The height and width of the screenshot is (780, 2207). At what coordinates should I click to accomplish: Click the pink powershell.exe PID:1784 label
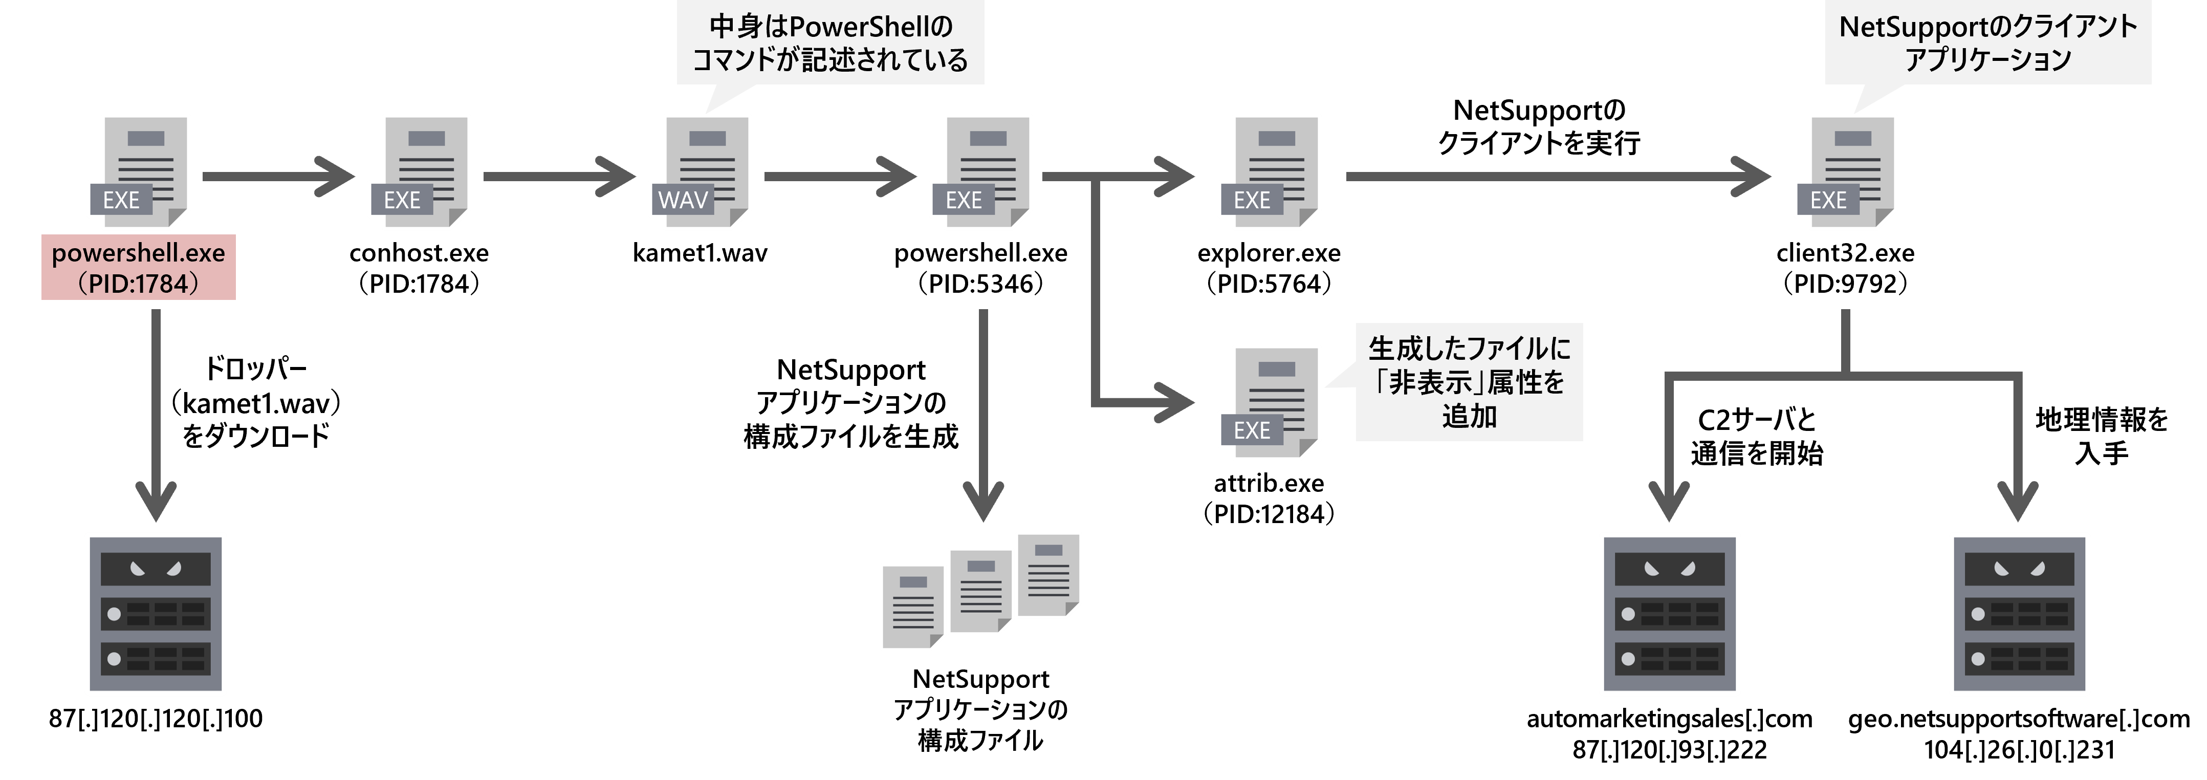click(x=138, y=268)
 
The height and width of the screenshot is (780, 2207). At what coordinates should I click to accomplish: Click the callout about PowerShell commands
click(x=829, y=43)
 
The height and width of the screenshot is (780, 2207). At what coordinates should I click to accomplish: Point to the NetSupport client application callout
click(x=1987, y=43)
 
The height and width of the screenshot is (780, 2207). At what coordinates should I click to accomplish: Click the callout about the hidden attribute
click(x=1469, y=382)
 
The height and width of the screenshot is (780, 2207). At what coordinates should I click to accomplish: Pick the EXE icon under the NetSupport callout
click(x=1847, y=171)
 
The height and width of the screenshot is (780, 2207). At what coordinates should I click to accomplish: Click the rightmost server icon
click(x=2019, y=614)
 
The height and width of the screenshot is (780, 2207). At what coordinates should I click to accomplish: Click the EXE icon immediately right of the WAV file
click(x=982, y=171)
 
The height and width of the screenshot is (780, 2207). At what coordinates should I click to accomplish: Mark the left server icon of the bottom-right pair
click(x=1669, y=614)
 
